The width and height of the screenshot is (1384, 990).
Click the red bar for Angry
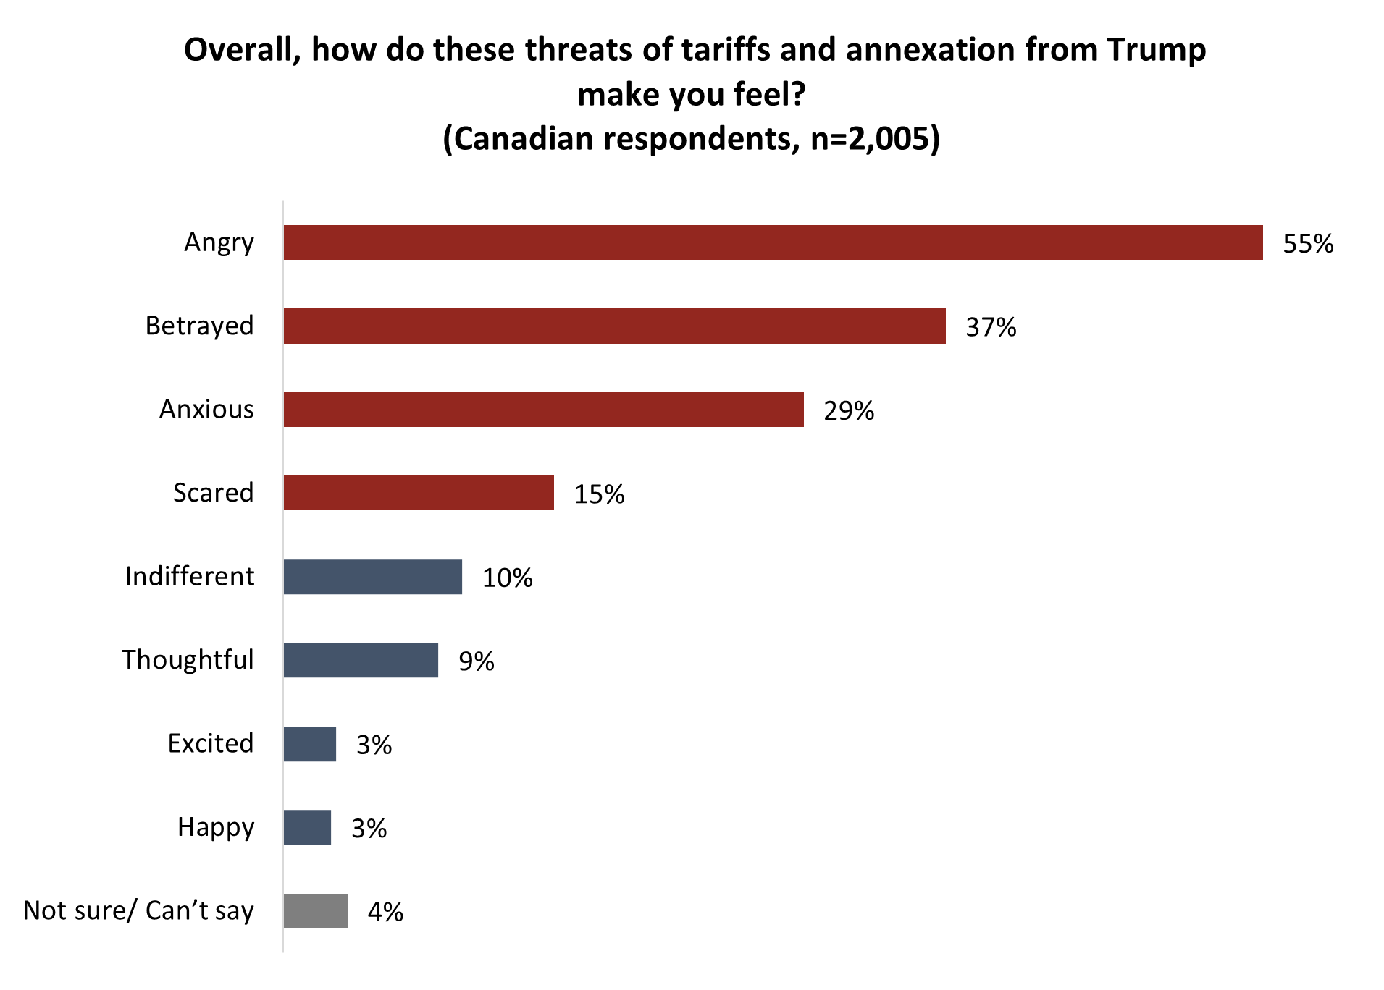pos(773,242)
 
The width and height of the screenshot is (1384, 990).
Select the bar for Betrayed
pos(614,326)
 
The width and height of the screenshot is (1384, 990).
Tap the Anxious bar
pos(543,410)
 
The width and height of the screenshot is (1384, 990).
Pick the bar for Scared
pos(419,493)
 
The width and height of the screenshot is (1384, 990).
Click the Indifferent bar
pos(372,577)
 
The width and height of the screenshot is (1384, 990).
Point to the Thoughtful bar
pos(361,660)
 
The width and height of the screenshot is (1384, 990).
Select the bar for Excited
pos(310,744)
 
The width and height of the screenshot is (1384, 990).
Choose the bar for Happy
pos(307,827)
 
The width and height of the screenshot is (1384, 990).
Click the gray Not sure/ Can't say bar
pos(315,911)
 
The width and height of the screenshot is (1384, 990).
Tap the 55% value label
pos(1308,244)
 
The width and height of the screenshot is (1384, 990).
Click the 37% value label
pos(991,327)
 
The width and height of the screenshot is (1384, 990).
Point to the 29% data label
pos(849,411)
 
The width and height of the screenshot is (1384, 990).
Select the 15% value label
pos(599,494)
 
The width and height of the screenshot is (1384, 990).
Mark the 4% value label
pos(385,912)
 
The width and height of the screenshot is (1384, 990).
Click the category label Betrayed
pos(200,326)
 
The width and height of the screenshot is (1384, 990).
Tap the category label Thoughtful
pos(188,660)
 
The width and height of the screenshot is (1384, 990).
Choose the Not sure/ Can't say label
pos(138,910)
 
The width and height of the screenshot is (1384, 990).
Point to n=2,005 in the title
pos(870,139)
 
